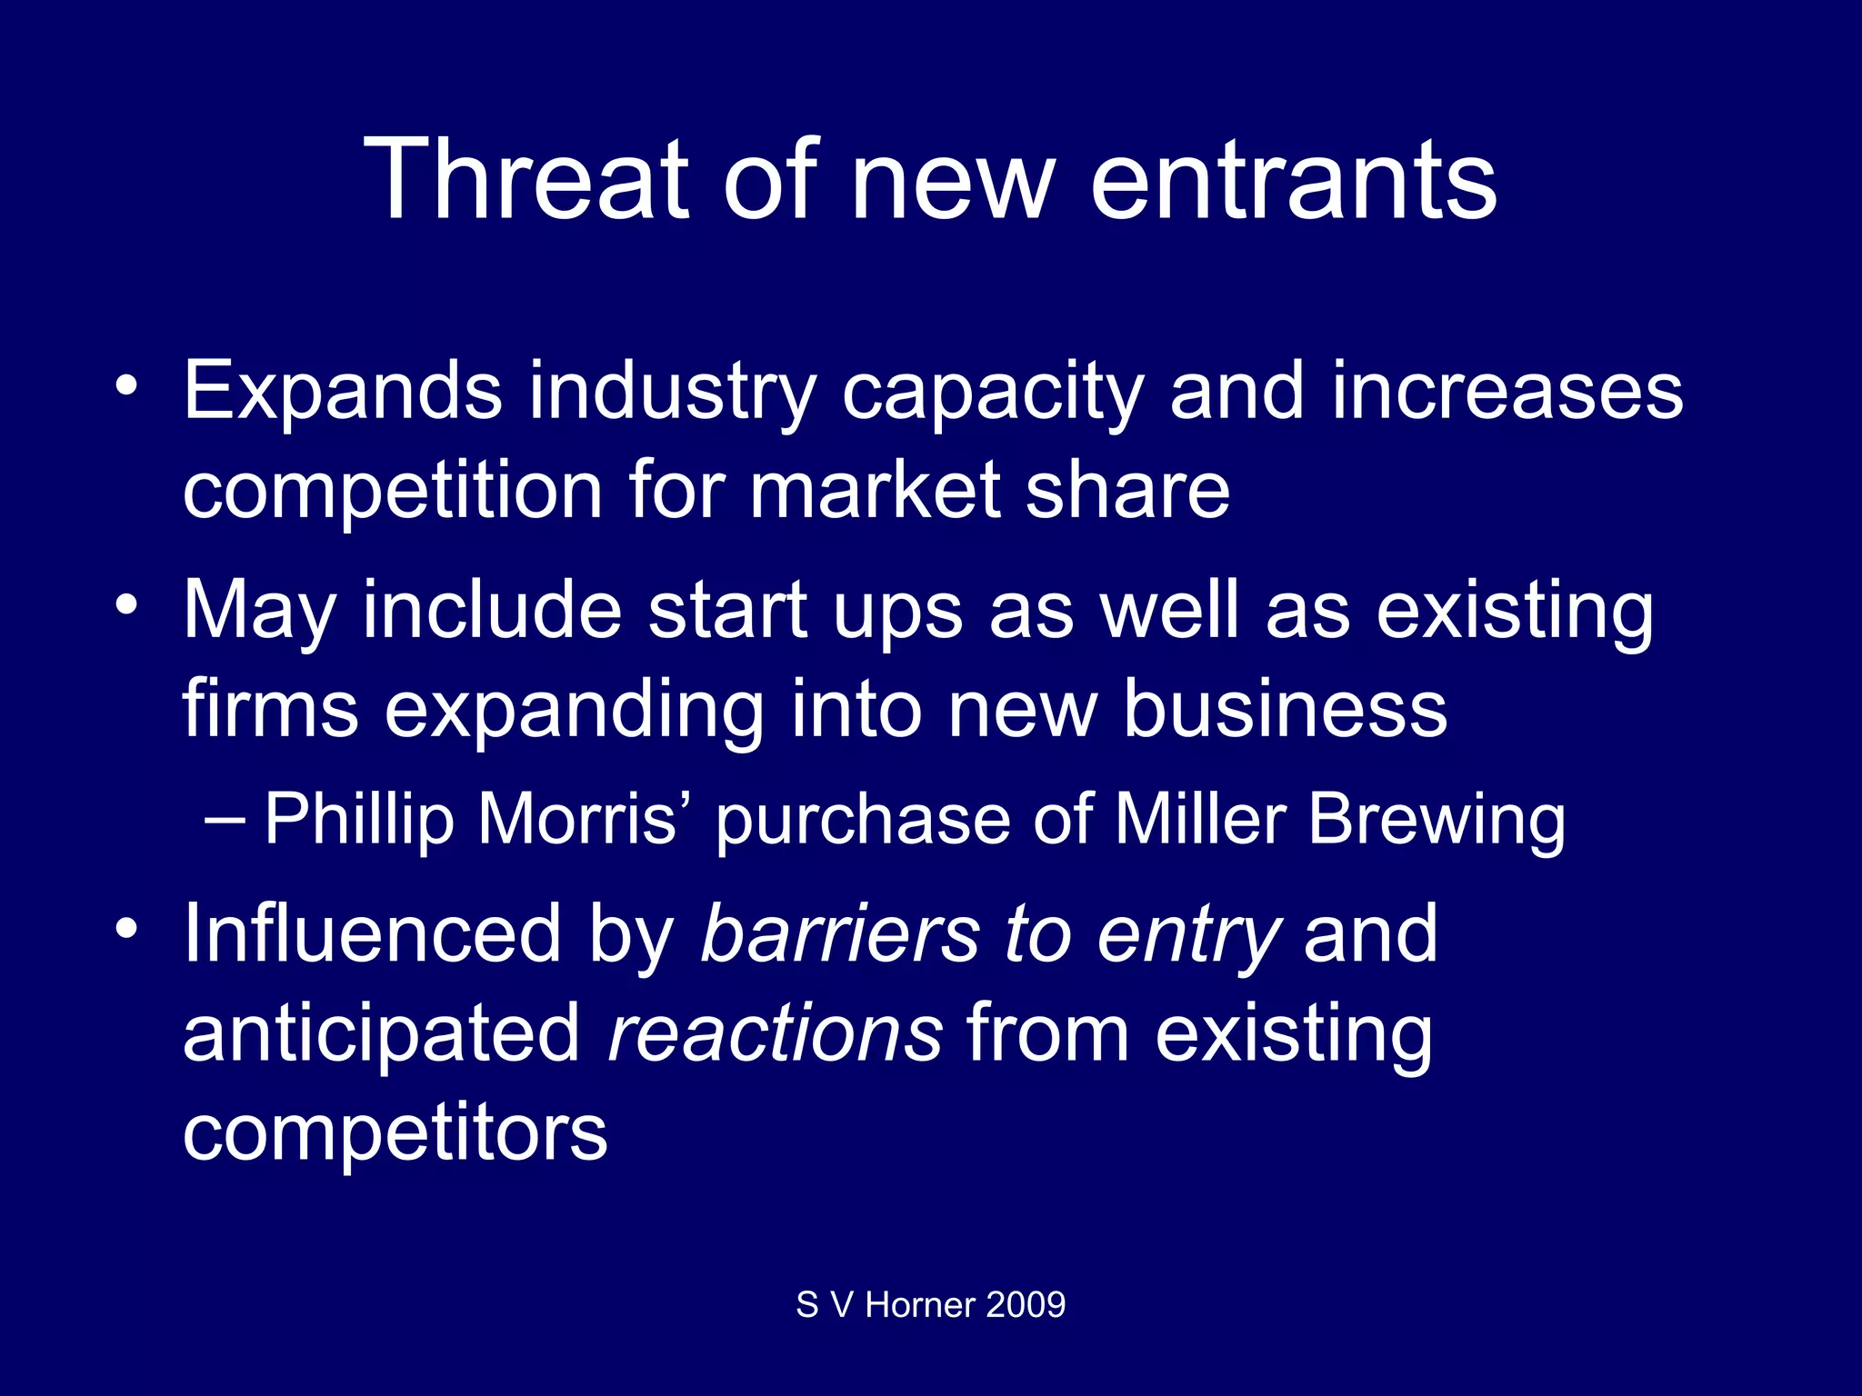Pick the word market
tap(874, 491)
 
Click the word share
tap(1127, 491)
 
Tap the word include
tap(492, 610)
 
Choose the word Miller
tap(1199, 819)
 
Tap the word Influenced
tap(373, 934)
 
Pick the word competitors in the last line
tap(395, 1133)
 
